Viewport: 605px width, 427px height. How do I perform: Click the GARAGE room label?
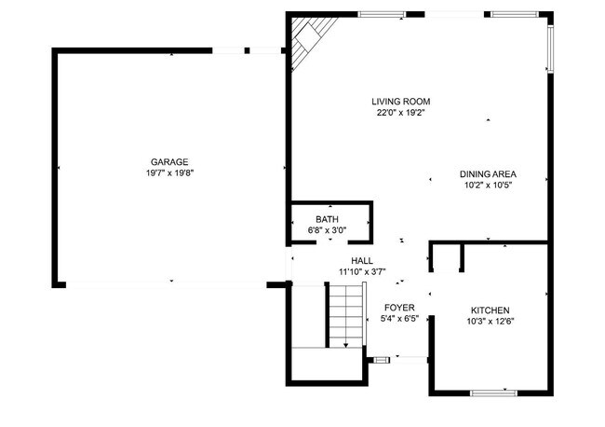169,161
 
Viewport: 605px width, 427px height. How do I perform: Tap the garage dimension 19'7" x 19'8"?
169,172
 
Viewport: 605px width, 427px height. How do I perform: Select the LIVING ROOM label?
400,102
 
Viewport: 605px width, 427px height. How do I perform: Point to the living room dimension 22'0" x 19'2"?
400,113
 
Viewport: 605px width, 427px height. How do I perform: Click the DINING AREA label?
488,173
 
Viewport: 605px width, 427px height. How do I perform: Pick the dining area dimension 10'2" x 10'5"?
488,185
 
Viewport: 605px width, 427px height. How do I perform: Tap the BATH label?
327,219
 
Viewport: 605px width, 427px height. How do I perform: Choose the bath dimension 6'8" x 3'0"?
327,229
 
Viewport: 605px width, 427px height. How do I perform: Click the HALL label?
362,261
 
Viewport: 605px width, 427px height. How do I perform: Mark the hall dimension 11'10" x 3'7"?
362,272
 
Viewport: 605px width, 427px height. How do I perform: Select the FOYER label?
399,308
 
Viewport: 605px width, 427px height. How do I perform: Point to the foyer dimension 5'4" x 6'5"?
399,319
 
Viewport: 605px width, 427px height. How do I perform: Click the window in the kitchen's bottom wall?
492,393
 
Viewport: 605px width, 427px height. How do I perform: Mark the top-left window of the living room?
382,14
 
